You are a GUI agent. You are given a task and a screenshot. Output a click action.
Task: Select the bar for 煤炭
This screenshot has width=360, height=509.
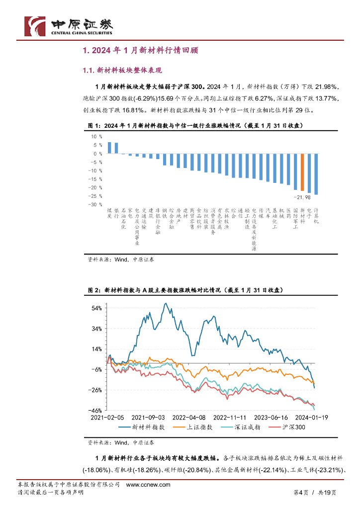pos(109,148)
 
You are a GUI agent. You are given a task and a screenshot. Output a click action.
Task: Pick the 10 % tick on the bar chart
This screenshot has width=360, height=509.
pos(96,137)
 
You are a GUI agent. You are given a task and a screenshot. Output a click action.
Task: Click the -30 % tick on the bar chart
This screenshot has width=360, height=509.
pos(94,204)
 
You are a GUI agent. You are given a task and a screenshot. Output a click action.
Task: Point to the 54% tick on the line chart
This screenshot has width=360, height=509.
pos(96,308)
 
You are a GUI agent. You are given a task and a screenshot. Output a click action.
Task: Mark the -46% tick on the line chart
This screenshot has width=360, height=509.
pos(96,411)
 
